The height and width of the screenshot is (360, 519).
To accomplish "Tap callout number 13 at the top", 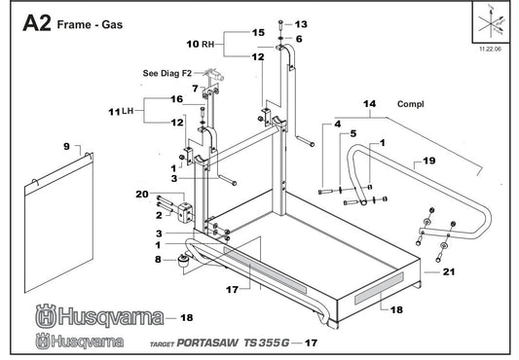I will click(300, 23).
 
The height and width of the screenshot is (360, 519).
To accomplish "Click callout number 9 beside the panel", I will click(66, 146).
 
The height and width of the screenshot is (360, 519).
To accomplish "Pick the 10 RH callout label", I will click(199, 45).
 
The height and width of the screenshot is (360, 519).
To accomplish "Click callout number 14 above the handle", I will click(369, 102).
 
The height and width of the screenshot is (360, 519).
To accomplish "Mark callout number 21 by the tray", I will click(448, 273).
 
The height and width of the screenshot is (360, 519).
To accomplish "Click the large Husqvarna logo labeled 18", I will click(93, 316).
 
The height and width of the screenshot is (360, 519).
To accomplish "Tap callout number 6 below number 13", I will click(299, 39).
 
